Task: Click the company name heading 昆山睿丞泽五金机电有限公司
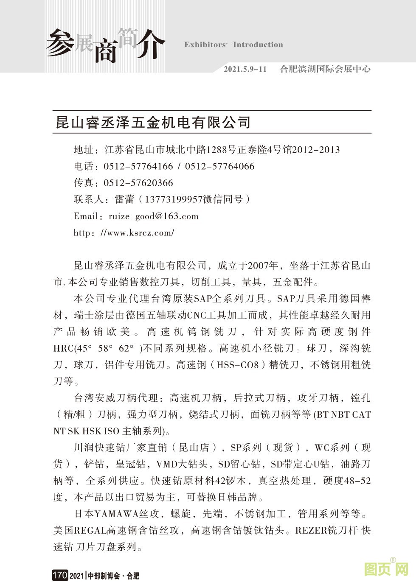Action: (x=154, y=122)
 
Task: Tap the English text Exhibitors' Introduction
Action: (x=233, y=45)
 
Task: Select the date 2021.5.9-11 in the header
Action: (x=245, y=69)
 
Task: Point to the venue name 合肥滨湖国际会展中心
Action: (x=325, y=69)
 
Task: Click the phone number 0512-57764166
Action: (x=138, y=166)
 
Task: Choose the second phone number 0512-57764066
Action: (x=219, y=166)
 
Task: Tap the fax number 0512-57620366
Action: (x=138, y=183)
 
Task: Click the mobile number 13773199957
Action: (x=174, y=199)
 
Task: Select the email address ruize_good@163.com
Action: (x=154, y=216)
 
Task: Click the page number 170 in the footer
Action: (x=59, y=575)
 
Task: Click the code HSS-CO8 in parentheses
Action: (x=238, y=365)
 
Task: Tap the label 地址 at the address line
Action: (x=83, y=150)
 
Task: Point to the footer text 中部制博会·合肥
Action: (x=113, y=576)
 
